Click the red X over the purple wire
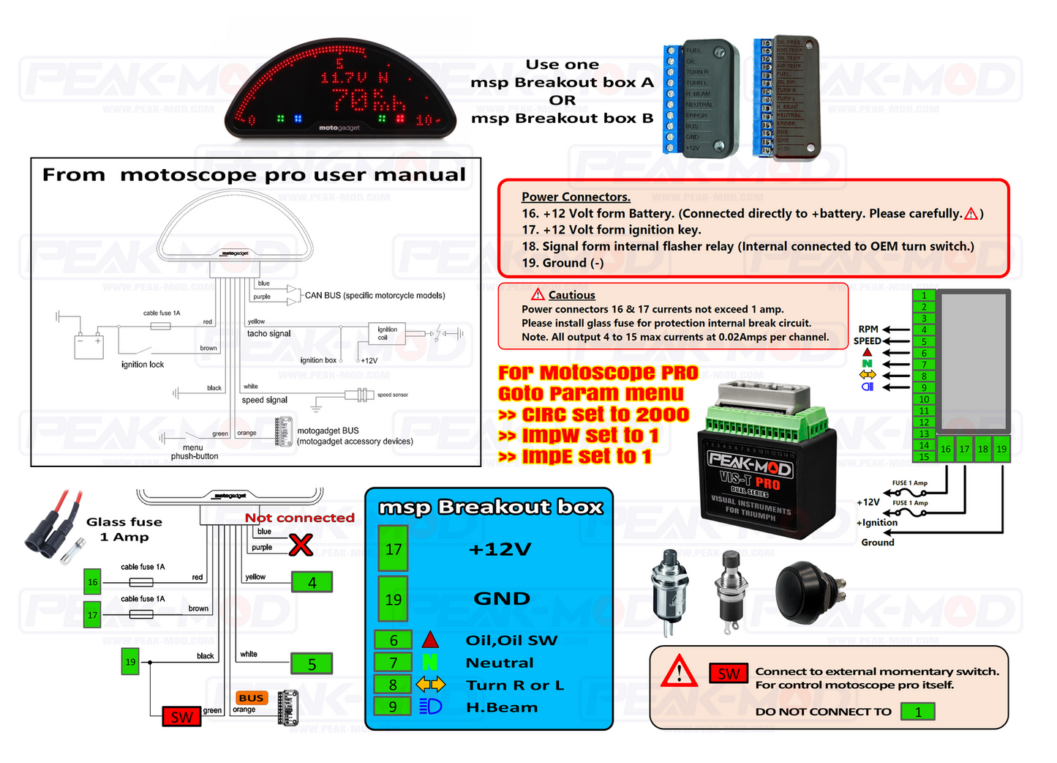pyautogui.click(x=301, y=545)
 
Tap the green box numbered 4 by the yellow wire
pyautogui.click(x=312, y=582)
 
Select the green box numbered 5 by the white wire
pyautogui.click(x=312, y=664)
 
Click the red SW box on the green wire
pyautogui.click(x=181, y=717)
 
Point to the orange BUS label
pyautogui.click(x=251, y=698)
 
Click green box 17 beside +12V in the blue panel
pyautogui.click(x=394, y=549)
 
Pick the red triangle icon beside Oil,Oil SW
pyautogui.click(x=430, y=640)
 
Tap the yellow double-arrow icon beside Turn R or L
pyautogui.click(x=430, y=685)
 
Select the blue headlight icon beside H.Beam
pyautogui.click(x=430, y=707)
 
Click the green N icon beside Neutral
pyautogui.click(x=429, y=663)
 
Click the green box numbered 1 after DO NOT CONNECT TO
pyautogui.click(x=918, y=712)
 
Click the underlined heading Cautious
pyautogui.click(x=571, y=295)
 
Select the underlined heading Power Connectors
pyautogui.click(x=576, y=197)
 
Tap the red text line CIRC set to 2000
pyautogui.click(x=593, y=414)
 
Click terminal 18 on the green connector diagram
pyautogui.click(x=982, y=450)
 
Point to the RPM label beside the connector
pyautogui.click(x=868, y=330)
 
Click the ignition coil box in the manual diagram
pyautogui.click(x=387, y=334)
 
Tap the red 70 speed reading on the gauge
pyautogui.click(x=350, y=99)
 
